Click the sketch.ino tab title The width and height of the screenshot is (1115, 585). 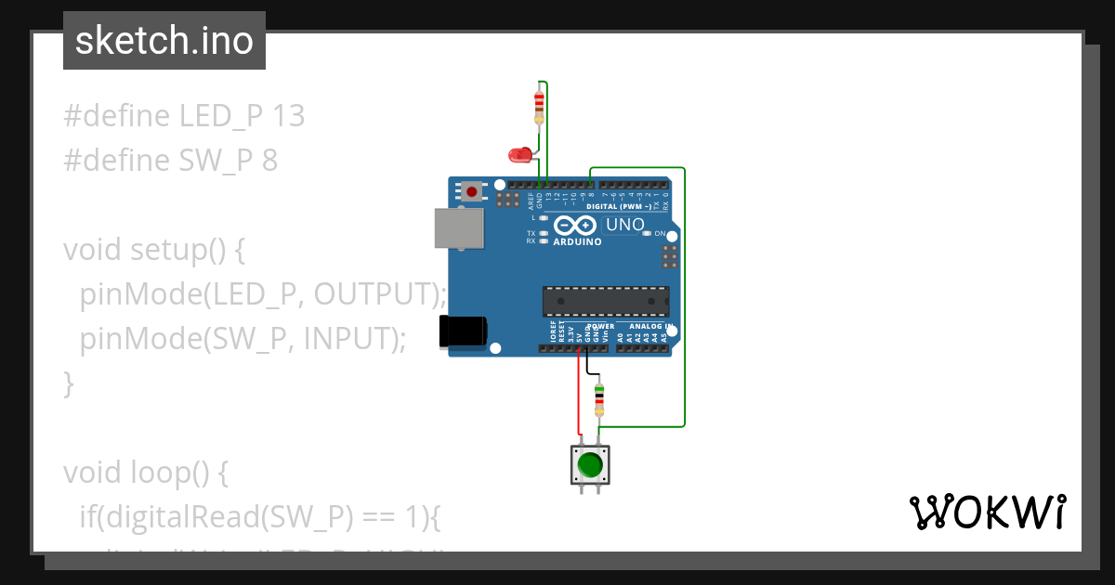point(164,41)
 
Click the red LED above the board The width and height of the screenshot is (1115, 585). point(519,155)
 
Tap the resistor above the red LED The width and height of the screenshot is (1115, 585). point(539,105)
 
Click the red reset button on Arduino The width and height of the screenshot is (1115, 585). point(472,192)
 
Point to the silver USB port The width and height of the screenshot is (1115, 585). point(460,228)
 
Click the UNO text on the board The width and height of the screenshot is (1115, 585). point(625,225)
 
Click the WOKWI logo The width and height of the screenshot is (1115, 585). point(986,512)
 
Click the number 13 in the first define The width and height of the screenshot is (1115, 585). point(289,116)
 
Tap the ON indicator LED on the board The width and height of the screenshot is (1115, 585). point(647,233)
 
